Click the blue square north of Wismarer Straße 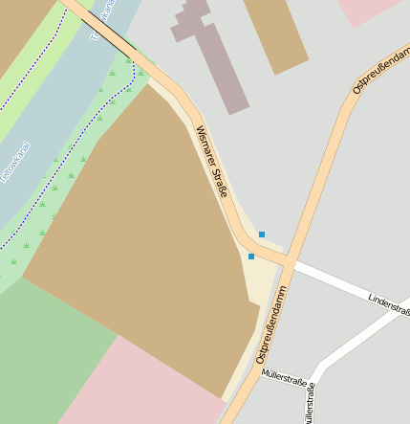coord(262,234)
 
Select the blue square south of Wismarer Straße coord(251,257)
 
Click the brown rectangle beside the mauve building coord(275,33)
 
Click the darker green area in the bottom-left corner coord(48,354)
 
